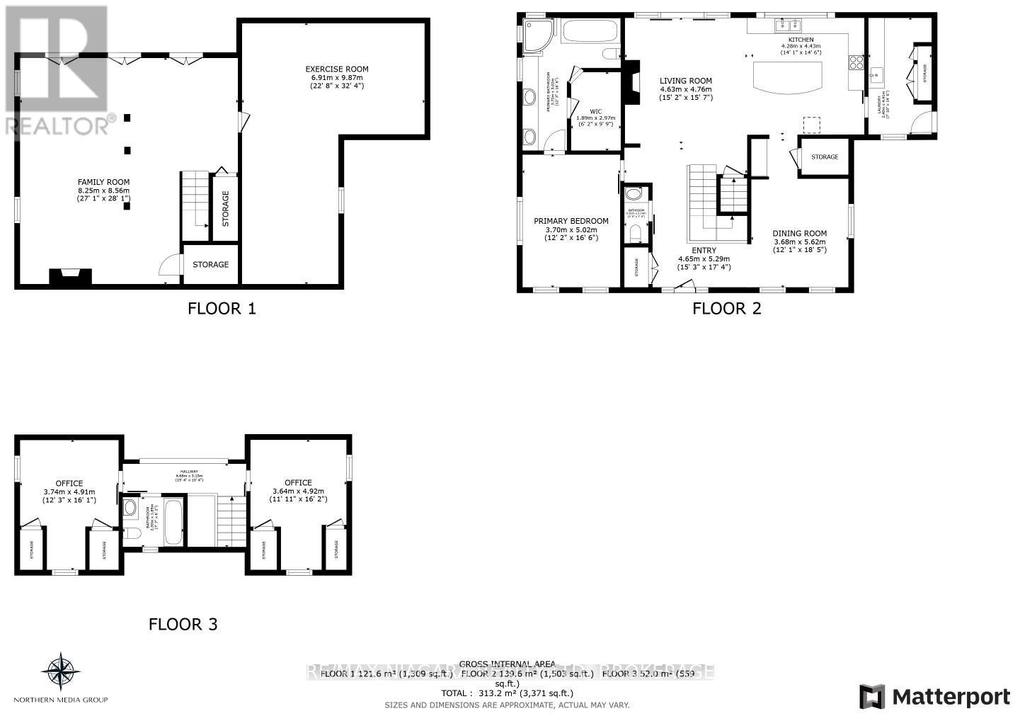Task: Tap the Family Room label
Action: coord(103,182)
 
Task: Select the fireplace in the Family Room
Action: coord(69,276)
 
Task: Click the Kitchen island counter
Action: coord(789,76)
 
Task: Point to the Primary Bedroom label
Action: coord(571,221)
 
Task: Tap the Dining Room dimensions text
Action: coord(799,245)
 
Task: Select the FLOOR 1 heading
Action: coord(221,309)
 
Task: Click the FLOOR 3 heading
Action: coord(183,625)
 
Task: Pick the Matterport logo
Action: coord(934,697)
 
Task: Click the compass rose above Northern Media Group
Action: coord(60,671)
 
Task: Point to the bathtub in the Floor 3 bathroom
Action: coord(173,523)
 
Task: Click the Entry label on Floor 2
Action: coord(704,251)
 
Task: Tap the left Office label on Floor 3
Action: coord(69,484)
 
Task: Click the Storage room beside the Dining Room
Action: coord(824,157)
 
